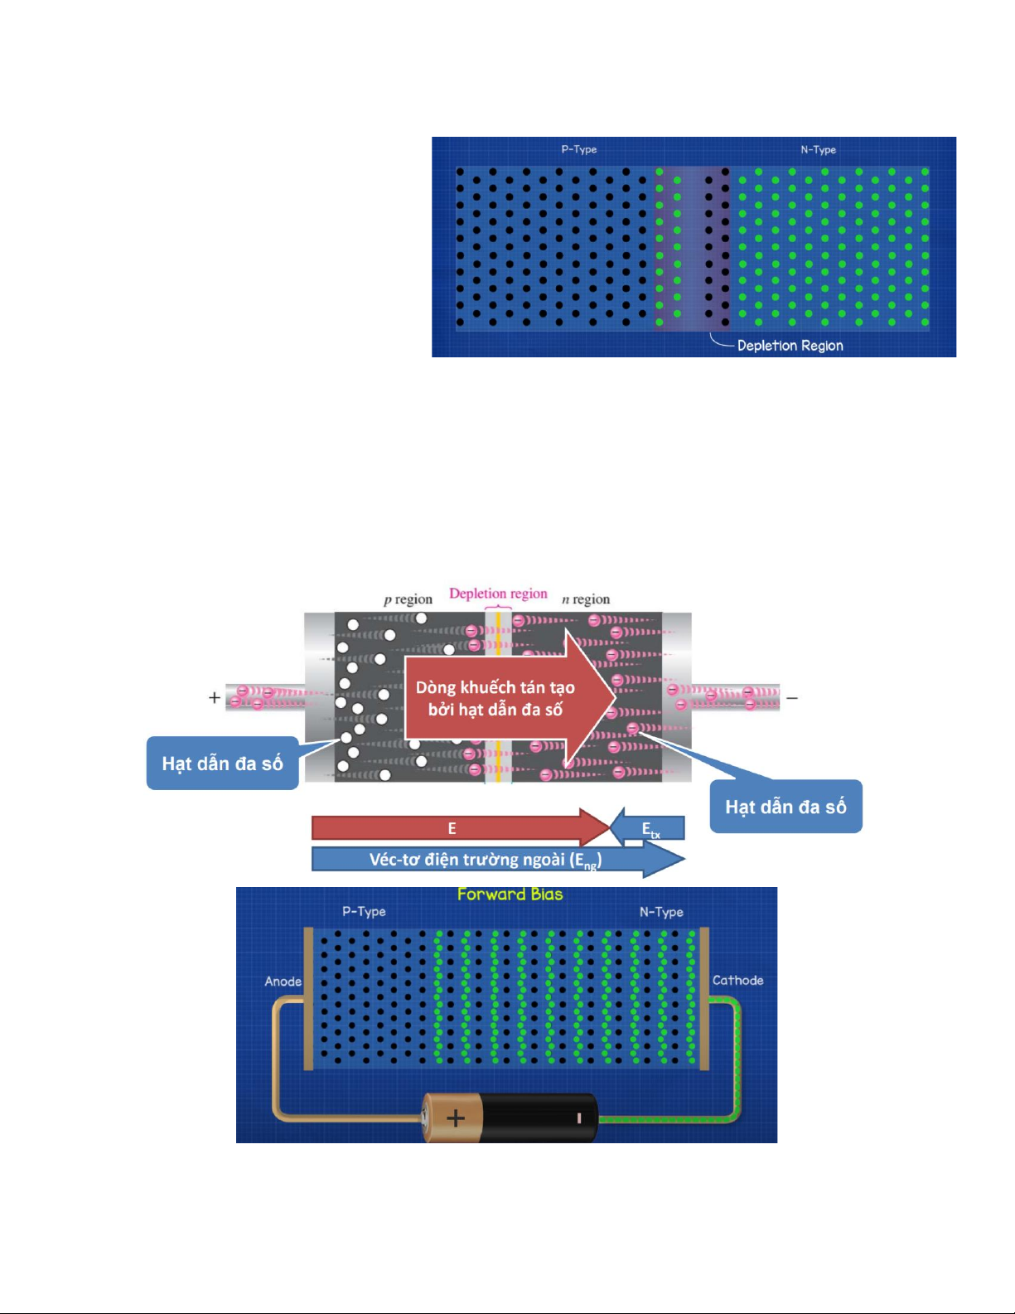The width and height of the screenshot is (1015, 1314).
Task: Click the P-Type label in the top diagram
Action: [578, 149]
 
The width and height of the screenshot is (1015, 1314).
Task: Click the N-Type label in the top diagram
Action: [818, 150]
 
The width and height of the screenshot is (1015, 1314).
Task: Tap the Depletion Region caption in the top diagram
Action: [790, 346]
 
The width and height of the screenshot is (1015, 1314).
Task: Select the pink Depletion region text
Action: [498, 594]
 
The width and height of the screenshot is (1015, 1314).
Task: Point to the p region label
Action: [408, 599]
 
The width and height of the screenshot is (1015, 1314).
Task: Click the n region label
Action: [586, 599]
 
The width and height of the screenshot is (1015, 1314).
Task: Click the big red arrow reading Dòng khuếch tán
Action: [497, 698]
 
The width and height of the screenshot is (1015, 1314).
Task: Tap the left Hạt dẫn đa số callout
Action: [222, 764]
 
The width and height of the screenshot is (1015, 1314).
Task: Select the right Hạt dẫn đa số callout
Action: [785, 807]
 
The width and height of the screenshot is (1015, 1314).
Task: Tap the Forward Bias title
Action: [510, 895]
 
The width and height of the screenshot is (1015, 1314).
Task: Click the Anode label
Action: [283, 982]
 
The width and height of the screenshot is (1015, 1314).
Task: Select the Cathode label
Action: [737, 981]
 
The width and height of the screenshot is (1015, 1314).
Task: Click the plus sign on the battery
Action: [455, 1118]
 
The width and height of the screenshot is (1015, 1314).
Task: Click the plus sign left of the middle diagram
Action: [215, 698]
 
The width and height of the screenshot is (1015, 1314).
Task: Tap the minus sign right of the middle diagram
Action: [792, 698]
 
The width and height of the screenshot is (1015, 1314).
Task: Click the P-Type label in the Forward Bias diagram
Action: [364, 912]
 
